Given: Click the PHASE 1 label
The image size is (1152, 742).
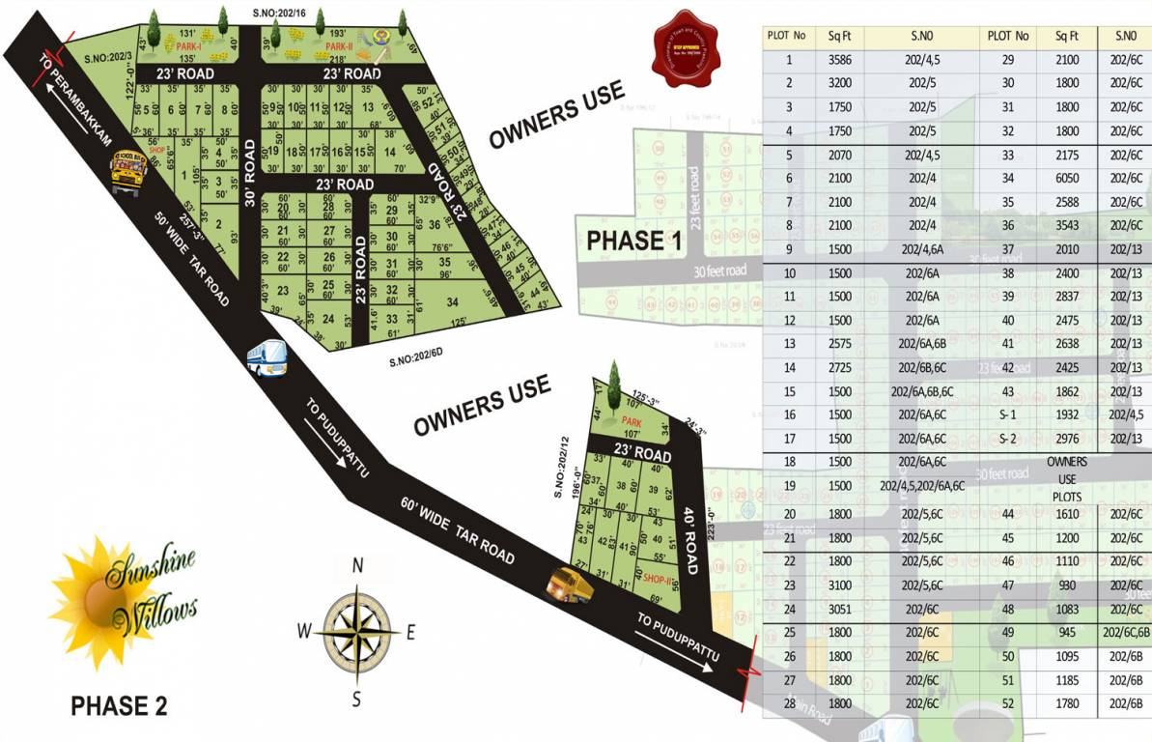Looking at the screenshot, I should tap(635, 241).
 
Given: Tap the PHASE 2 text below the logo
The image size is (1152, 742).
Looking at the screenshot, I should tap(120, 706).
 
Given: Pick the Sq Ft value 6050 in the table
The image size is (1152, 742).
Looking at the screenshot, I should tap(1066, 178).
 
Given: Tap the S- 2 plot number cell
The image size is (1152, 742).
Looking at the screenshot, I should tap(1007, 439).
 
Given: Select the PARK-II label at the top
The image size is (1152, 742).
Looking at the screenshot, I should tap(342, 45).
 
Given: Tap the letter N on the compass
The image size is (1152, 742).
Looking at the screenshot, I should tap(356, 567).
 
